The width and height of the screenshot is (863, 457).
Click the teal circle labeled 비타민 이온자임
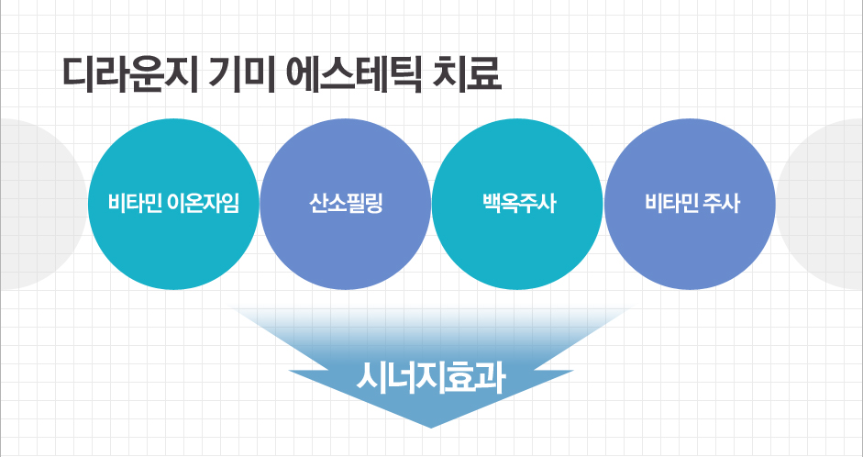tap(173, 204)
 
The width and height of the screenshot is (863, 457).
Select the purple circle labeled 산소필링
tap(345, 204)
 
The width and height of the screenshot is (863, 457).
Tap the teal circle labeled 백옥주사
tap(517, 204)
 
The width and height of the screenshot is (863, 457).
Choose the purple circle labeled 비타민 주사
tap(690, 204)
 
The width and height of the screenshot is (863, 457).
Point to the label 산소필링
tap(346, 204)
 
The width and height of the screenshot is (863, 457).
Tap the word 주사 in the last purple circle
tap(721, 204)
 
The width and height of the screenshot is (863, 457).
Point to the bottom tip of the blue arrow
tap(431, 428)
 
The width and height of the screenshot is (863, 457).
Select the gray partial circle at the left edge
tap(44, 204)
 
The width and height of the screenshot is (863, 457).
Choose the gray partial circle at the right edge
tap(820, 204)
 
